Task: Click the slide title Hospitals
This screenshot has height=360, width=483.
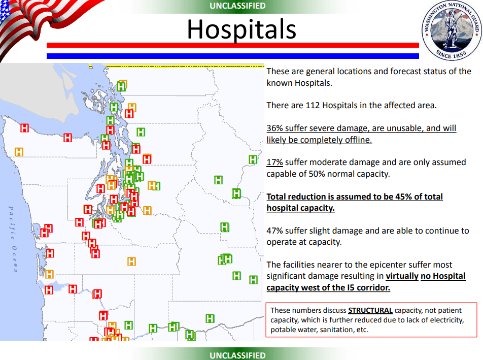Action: [x=241, y=29]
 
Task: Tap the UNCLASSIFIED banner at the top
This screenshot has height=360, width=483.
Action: [x=237, y=6]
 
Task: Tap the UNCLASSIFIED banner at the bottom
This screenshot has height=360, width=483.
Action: [x=237, y=355]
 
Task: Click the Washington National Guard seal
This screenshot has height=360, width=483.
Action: [x=452, y=30]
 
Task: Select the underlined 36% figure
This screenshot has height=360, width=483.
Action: [x=275, y=128]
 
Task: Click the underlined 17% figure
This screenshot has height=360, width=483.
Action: [x=275, y=162]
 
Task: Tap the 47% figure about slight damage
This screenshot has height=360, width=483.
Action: [x=275, y=231]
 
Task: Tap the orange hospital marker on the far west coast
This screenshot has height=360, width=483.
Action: [x=19, y=152]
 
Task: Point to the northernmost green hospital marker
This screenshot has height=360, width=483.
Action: [x=121, y=87]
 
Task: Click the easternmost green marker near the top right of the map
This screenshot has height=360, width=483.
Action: [x=253, y=159]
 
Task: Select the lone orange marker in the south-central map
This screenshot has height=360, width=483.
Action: [x=131, y=261]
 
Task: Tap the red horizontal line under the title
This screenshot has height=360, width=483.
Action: [x=233, y=45]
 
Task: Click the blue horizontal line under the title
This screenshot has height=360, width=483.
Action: [x=233, y=56]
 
